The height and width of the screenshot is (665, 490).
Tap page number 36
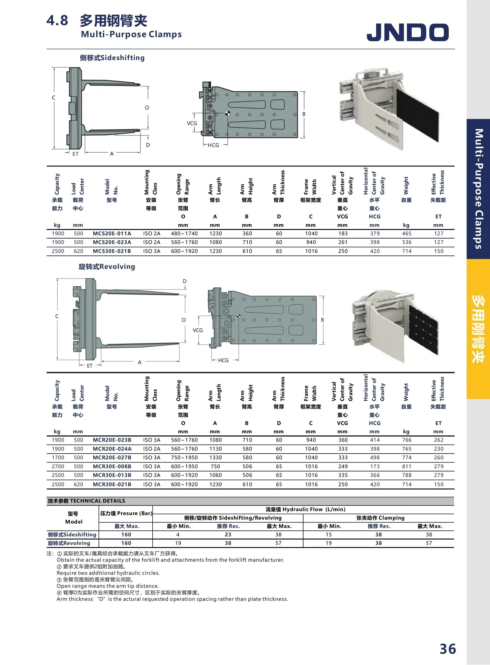click(447, 649)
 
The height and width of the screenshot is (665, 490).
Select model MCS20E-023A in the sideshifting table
click(112, 242)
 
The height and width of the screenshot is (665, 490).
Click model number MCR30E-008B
click(112, 466)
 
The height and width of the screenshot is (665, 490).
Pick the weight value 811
click(406, 466)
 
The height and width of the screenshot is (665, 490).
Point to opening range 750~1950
click(184, 458)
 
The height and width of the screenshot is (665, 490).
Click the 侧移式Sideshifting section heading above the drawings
click(112, 57)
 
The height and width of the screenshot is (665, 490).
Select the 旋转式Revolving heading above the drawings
click(107, 266)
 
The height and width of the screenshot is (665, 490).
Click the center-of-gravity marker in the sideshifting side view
click(227, 113)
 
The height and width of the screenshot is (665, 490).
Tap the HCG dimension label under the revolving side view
click(223, 360)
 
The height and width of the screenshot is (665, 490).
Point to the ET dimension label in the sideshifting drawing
click(75, 154)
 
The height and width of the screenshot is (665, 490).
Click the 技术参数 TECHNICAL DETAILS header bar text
click(86, 501)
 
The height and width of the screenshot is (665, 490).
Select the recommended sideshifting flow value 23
click(228, 535)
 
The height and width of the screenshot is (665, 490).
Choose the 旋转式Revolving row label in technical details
click(69, 543)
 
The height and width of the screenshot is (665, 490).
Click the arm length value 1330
click(215, 458)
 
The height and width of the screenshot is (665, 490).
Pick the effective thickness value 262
click(438, 440)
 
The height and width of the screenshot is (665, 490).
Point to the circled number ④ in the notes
click(59, 593)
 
